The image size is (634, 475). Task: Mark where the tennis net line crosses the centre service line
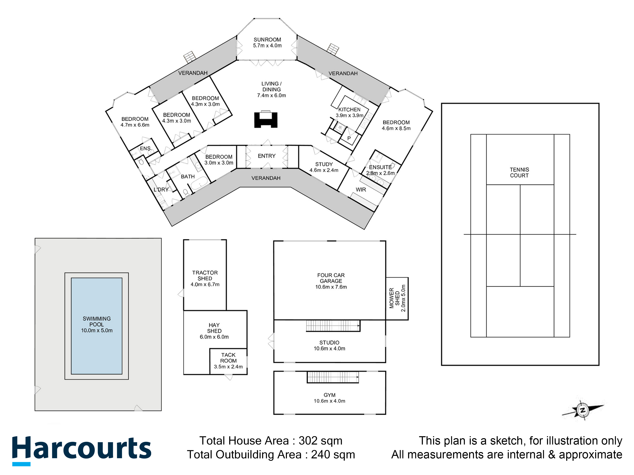tap(520, 235)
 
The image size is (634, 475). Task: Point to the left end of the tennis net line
tap(464, 235)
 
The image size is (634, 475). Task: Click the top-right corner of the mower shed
tap(408, 277)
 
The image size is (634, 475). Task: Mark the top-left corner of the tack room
tap(210, 349)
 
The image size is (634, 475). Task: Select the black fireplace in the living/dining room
tap(266, 119)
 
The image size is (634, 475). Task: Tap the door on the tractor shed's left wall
tap(181, 293)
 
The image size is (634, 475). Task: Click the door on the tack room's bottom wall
tap(228, 377)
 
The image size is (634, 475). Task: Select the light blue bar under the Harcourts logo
tap(21, 464)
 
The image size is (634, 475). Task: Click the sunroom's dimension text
tap(267, 46)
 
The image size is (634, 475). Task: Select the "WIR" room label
tap(361, 190)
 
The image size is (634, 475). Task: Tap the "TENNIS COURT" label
tap(519, 173)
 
